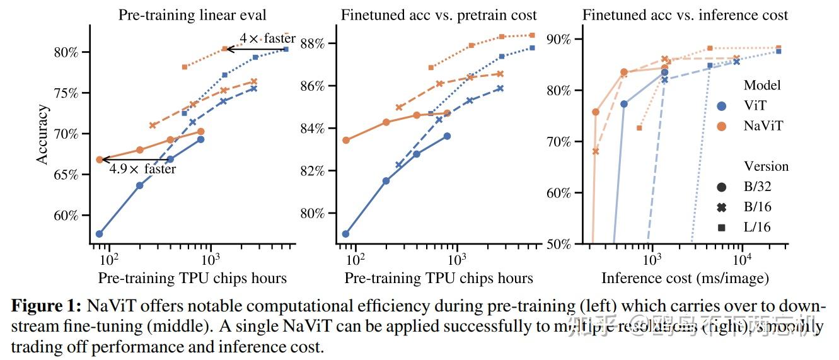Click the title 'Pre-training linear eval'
(192, 15)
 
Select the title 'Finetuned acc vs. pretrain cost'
(439, 15)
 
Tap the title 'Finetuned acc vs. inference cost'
(685, 15)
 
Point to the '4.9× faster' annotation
(142, 169)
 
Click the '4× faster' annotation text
(267, 39)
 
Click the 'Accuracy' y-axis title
(42, 135)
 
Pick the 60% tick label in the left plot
(67, 216)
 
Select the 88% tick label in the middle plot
(313, 44)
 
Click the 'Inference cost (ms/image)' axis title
(685, 278)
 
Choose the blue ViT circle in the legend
(721, 107)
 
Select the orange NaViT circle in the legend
(721, 126)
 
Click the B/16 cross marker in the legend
(721, 207)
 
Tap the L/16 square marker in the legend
(721, 227)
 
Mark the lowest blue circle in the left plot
(99, 234)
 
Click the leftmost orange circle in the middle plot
(345, 140)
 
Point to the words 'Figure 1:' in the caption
(47, 306)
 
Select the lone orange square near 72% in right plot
(639, 128)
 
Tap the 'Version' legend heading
(766, 166)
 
